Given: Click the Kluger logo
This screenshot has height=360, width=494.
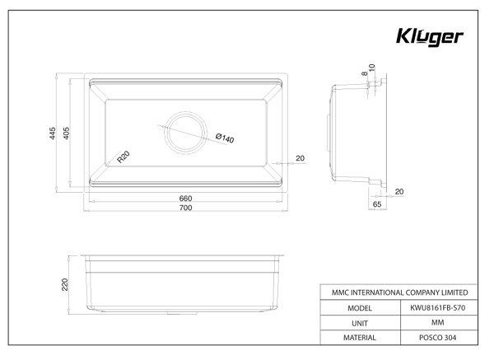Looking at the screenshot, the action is pyautogui.click(x=430, y=37).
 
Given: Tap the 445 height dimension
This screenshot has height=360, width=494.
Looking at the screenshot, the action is pyautogui.click(x=53, y=133).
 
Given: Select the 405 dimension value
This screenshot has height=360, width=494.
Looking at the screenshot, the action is pyautogui.click(x=66, y=133).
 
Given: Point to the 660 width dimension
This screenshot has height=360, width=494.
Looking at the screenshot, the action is pyautogui.click(x=185, y=199).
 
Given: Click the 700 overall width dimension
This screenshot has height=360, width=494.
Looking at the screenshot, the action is pyautogui.click(x=185, y=208).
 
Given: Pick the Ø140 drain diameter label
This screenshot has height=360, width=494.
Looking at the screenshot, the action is pyautogui.click(x=225, y=138).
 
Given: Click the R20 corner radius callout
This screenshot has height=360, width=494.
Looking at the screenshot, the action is pyautogui.click(x=123, y=157).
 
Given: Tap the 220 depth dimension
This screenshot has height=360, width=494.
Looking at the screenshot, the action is pyautogui.click(x=65, y=284).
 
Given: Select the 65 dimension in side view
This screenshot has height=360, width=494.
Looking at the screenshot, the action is pyautogui.click(x=377, y=204).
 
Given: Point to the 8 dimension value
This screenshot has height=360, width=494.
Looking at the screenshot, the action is pyautogui.click(x=365, y=73).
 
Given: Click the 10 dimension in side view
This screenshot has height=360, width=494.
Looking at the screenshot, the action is pyautogui.click(x=372, y=68).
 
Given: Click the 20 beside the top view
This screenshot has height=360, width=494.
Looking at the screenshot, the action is pyautogui.click(x=301, y=158).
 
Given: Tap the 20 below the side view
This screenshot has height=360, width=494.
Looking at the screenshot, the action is pyautogui.click(x=399, y=192).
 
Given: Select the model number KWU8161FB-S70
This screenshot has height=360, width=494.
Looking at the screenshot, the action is pyautogui.click(x=438, y=307).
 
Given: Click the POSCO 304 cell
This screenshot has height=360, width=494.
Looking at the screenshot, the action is pyautogui.click(x=438, y=338).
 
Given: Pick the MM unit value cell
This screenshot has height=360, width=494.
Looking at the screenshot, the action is pyautogui.click(x=438, y=322).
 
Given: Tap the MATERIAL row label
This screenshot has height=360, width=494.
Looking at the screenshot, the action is pyautogui.click(x=360, y=338).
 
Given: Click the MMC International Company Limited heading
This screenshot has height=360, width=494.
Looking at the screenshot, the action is pyautogui.click(x=400, y=292).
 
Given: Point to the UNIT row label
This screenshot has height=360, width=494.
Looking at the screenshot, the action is pyautogui.click(x=360, y=324).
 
